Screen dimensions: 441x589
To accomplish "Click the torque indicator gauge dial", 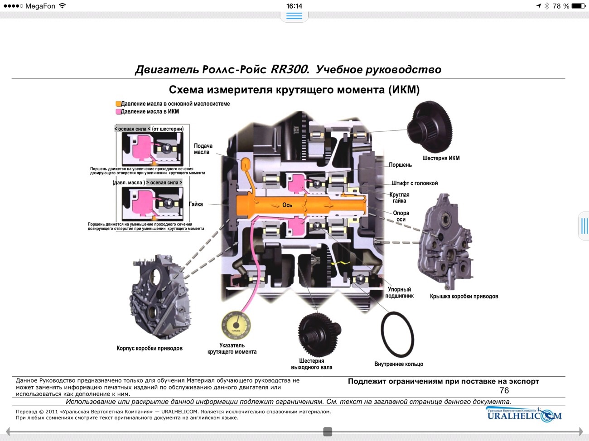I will (x=236, y=325).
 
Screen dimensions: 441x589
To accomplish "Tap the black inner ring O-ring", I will (x=397, y=335).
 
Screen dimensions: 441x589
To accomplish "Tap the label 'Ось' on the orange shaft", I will (x=287, y=205).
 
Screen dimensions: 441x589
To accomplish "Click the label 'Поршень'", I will (x=400, y=165).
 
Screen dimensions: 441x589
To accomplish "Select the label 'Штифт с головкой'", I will (x=415, y=183).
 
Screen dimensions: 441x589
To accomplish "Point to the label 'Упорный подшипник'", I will (x=399, y=292).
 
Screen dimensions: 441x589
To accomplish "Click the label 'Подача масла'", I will (x=203, y=149).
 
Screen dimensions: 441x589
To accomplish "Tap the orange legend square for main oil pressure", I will (x=118, y=104).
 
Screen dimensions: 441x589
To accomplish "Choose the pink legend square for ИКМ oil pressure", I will (x=118, y=111).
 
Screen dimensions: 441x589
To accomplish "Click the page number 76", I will (x=504, y=390).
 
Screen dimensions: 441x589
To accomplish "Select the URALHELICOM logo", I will (x=524, y=415).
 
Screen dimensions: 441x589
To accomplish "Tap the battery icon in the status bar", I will (x=578, y=6).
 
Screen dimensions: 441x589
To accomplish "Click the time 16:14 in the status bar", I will (x=294, y=6).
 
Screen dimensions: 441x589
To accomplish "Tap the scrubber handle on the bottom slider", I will (x=328, y=431).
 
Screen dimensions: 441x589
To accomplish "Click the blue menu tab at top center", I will (x=294, y=16).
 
